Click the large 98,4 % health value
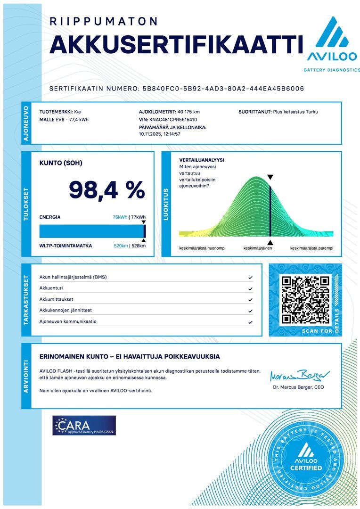[107, 189]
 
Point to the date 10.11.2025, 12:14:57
[160, 134]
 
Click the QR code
[305, 300]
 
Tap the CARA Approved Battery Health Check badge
[84, 425]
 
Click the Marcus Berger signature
[300, 376]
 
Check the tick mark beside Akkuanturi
[250, 288]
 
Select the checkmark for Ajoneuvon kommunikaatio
[250, 322]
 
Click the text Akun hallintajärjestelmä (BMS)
[73, 277]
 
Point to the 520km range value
[121, 246]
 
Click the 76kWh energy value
[120, 217]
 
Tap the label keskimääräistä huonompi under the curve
[202, 248]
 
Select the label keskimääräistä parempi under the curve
[311, 248]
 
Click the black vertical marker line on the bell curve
[270, 210]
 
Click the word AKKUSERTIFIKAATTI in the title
[176, 44]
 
